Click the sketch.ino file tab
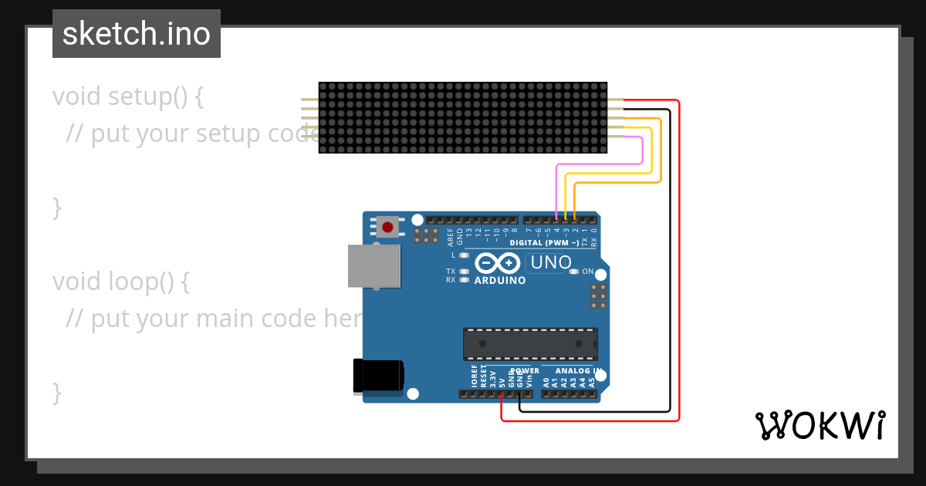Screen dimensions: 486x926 tap(137, 34)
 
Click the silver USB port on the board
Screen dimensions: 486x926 tap(374, 266)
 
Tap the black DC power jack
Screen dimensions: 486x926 tap(378, 376)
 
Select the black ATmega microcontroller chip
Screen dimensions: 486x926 tap(530, 343)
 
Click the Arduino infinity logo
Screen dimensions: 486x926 tap(498, 263)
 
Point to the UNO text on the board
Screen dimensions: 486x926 tap(550, 263)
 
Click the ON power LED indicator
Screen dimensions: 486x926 tap(573, 272)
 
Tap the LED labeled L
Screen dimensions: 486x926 tap(464, 255)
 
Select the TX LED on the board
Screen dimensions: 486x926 tap(464, 272)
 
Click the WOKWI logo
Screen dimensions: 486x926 tap(820, 425)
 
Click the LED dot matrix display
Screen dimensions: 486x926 tap(463, 118)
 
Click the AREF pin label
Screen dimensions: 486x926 tap(451, 236)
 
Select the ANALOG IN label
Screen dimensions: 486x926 tap(571, 371)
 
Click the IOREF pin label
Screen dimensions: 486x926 tap(474, 376)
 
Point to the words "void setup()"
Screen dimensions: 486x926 tap(128, 97)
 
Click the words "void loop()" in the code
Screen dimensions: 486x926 tap(121, 282)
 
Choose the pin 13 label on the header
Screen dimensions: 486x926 tap(469, 231)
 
